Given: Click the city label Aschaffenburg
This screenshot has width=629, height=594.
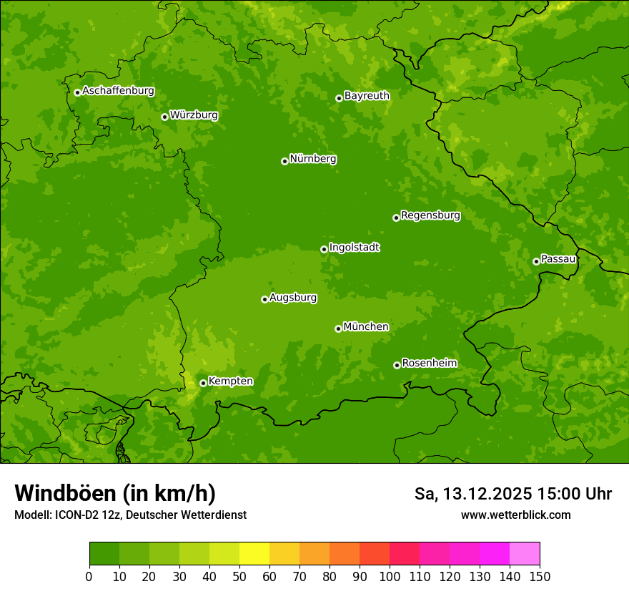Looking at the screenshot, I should point(118,91).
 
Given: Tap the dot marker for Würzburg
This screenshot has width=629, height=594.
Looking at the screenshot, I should point(164,117).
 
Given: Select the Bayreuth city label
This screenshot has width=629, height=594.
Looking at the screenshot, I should point(367,95).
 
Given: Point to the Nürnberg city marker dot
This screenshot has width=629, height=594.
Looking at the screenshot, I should point(284,161).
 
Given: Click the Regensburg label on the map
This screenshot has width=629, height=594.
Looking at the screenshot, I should point(430,215).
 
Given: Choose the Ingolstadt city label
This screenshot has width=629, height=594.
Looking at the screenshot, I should point(354,247).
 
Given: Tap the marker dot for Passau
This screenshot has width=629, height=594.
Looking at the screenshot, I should point(536,261).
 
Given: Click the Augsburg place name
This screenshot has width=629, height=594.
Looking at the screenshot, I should point(293,297).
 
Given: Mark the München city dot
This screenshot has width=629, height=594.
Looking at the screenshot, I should point(338,328).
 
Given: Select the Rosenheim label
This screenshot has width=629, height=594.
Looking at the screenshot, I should point(429,363).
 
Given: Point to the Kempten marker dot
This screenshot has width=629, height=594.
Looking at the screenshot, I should point(203,383).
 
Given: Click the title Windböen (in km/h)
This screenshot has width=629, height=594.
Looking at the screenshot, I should point(115,493).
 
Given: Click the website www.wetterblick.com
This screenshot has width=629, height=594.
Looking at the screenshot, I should point(515,515).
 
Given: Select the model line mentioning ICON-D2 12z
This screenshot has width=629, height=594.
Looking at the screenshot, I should point(130,515).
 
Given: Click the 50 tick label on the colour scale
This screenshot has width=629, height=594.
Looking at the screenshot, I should point(239,576).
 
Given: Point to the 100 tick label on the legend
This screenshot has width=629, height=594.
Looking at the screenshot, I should point(390,576).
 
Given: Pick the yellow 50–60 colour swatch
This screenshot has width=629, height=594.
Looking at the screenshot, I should point(254,554).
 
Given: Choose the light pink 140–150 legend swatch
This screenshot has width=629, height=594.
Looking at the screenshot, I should point(525,554).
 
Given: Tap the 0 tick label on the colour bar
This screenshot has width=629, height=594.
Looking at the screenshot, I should point(89,576).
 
